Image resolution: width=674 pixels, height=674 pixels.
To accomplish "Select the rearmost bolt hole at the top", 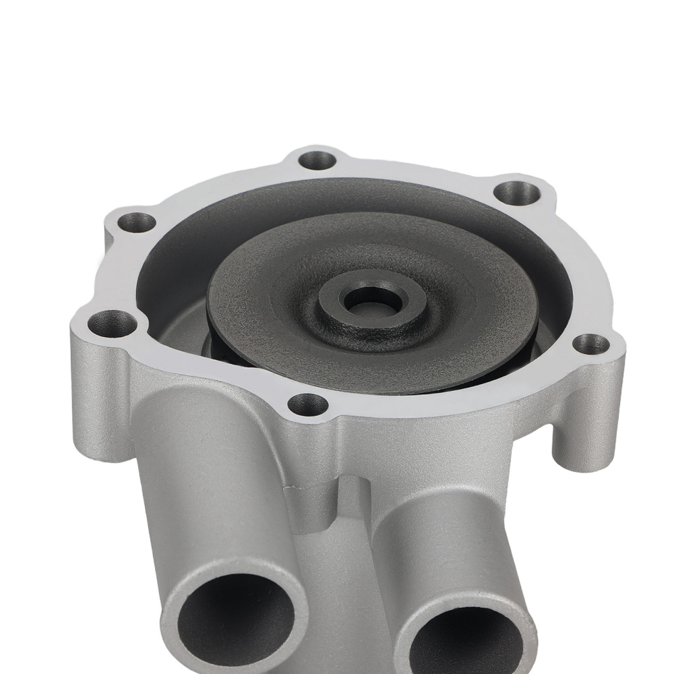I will pyautogui.click(x=317, y=160).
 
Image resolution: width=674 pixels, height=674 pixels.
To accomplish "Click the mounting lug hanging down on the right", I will pyautogui.click(x=580, y=438).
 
